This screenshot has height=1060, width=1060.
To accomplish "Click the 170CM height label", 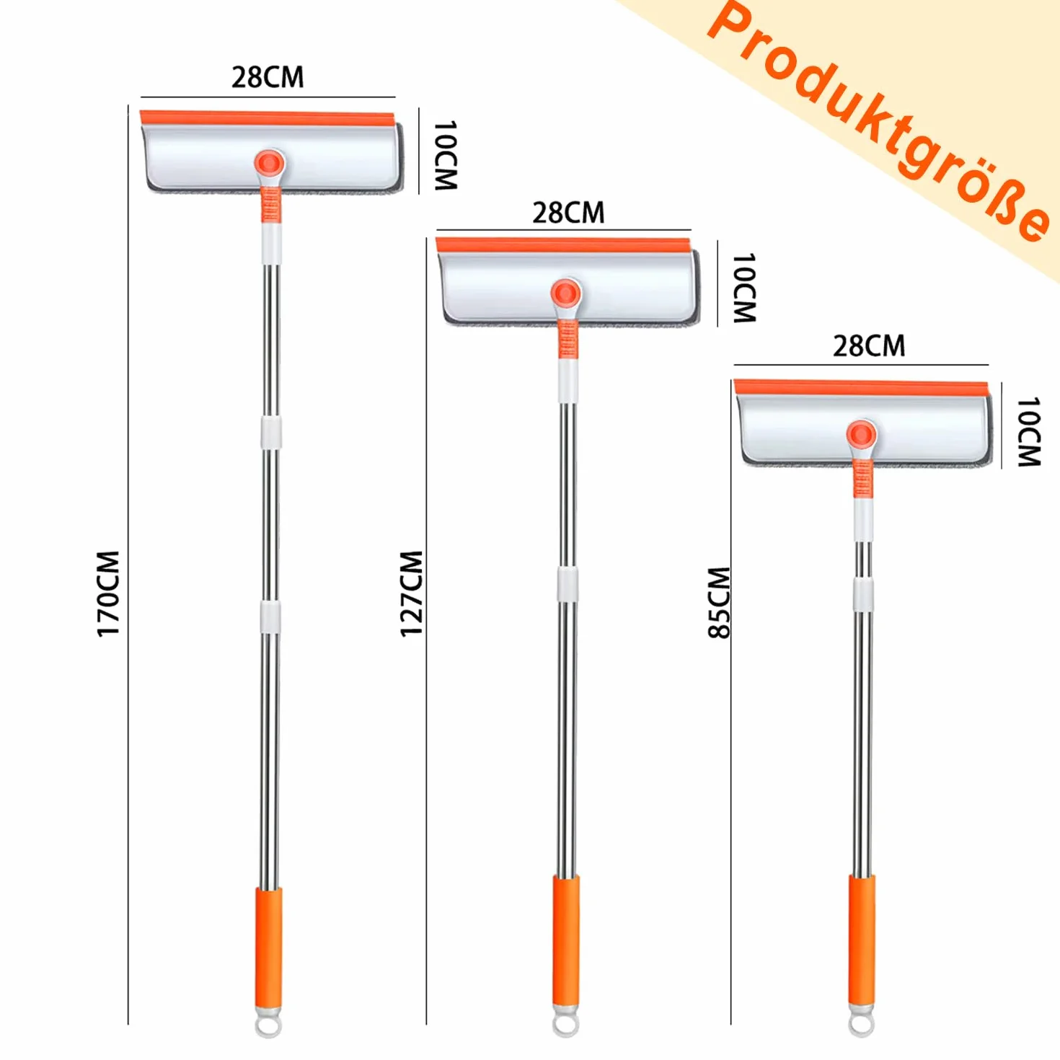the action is point(108,594).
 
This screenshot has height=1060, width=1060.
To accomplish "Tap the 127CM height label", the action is point(411,594).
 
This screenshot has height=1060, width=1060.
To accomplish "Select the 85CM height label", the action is point(718,603).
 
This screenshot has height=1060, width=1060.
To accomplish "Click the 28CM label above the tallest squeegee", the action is point(268,78).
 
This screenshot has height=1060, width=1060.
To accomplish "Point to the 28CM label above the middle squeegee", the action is point(568,213).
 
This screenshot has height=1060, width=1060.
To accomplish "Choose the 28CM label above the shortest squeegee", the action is point(869,347).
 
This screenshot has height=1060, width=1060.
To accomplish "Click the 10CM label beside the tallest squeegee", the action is point(446,156).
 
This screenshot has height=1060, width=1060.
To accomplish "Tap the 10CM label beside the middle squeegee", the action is point(745,288).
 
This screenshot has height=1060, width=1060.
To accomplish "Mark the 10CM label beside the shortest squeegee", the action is point(1029,431).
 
